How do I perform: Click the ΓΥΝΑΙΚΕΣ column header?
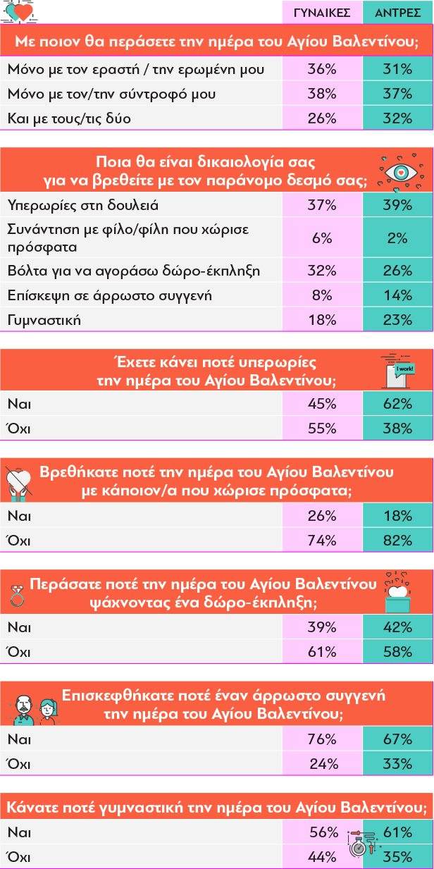pyautogui.click(x=322, y=13)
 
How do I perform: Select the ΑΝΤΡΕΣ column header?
pyautogui.click(x=398, y=13)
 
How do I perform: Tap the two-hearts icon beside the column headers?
pyautogui.click(x=20, y=12)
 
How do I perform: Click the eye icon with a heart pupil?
pyautogui.click(x=399, y=172)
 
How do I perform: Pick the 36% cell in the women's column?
pyautogui.click(x=322, y=69)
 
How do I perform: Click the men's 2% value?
pyautogui.click(x=398, y=238)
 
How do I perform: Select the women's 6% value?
pyautogui.click(x=322, y=238)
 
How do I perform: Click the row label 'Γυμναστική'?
pyautogui.click(x=44, y=320)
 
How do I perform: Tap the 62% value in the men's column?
pyautogui.click(x=398, y=404)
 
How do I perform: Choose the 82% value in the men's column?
pyautogui.click(x=398, y=541)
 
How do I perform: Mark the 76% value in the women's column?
pyautogui.click(x=322, y=739)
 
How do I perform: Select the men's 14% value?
pyautogui.click(x=398, y=295)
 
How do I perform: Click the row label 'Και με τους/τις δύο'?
pyautogui.click(x=69, y=118)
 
